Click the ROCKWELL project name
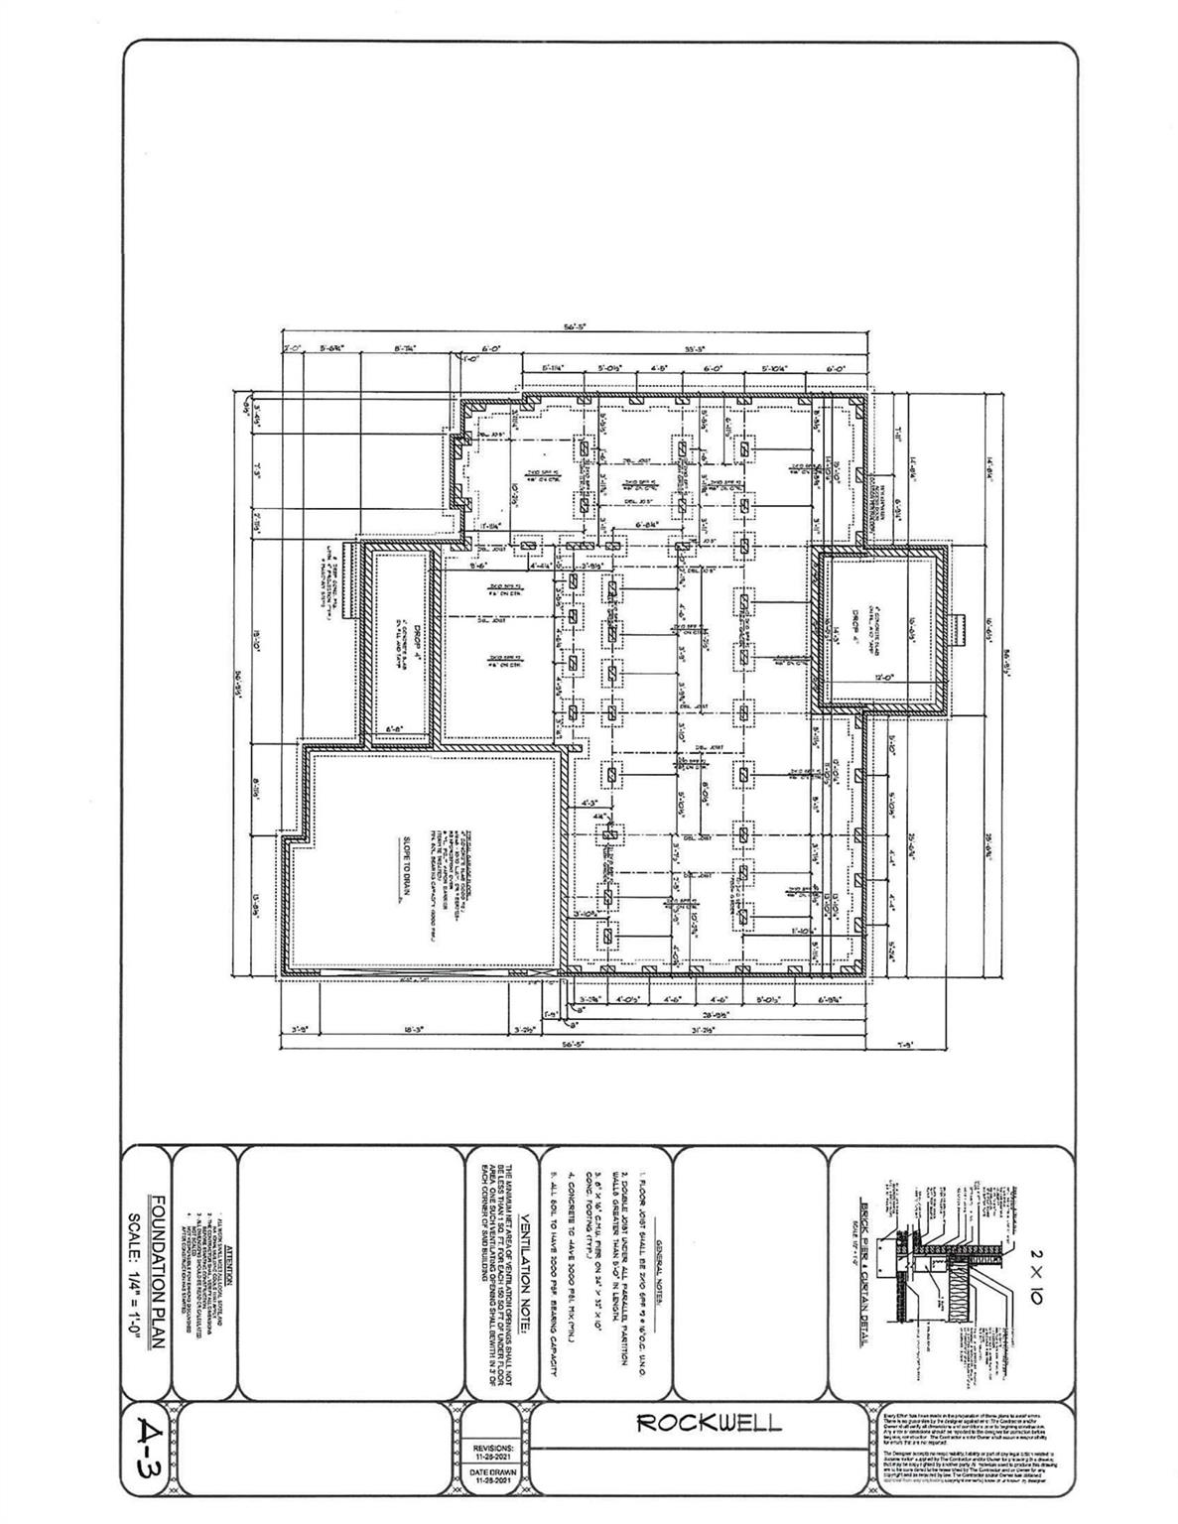point(709,1422)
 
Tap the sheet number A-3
point(150,1449)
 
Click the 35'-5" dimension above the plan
point(694,349)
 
